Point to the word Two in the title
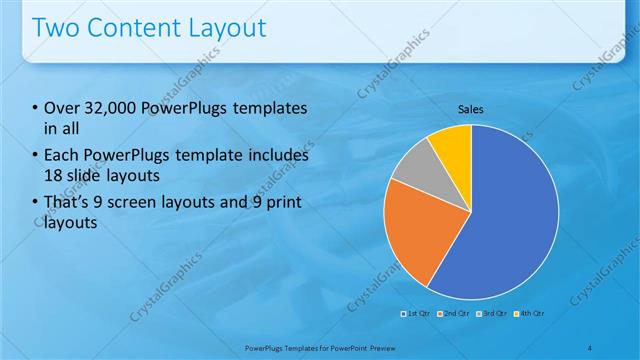click(x=55, y=27)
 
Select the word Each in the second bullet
click(x=62, y=156)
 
